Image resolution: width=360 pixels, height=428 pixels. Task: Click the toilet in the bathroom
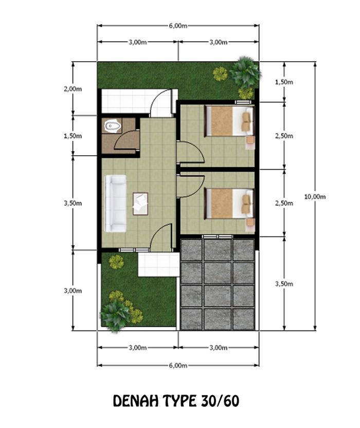click(113, 126)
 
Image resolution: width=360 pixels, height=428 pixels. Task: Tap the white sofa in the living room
click(115, 203)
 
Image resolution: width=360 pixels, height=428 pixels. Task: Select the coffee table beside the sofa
click(140, 203)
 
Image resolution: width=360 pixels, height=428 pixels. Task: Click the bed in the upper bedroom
click(229, 121)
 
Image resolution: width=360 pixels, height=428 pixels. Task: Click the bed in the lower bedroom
click(229, 203)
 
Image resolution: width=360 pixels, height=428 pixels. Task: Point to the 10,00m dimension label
click(315, 196)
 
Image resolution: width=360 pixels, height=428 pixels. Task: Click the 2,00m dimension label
click(73, 89)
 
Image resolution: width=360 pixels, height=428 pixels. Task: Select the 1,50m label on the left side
click(73, 136)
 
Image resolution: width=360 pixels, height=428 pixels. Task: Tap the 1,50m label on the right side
click(284, 82)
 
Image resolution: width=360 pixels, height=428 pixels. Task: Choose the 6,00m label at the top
click(178, 26)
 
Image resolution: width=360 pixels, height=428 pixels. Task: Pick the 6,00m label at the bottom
click(178, 365)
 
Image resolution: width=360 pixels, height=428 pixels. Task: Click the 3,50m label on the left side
click(73, 203)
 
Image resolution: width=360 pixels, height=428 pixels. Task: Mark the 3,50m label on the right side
click(284, 284)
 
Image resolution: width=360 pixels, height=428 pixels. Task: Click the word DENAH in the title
click(136, 401)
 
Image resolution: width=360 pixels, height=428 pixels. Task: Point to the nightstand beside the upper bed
click(250, 142)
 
